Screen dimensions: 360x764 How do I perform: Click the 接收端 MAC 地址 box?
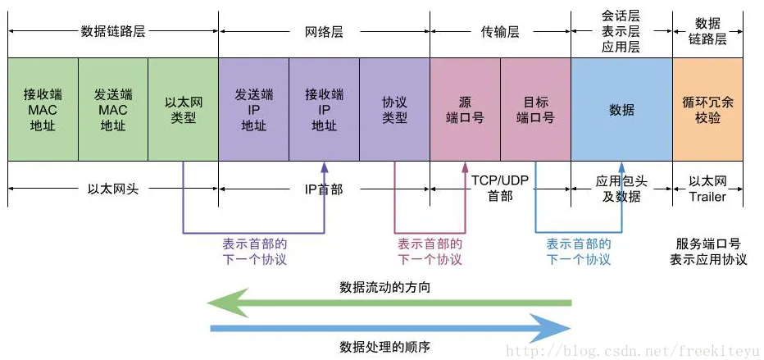pyautogui.click(x=43, y=109)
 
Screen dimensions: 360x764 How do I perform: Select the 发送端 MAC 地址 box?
pyautogui.click(x=113, y=109)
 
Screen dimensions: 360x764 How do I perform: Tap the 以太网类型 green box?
pyautogui.click(x=183, y=109)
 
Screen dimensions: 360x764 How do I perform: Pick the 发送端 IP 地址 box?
pyautogui.click(x=253, y=109)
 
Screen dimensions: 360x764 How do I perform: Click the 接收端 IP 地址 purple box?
pyautogui.click(x=324, y=109)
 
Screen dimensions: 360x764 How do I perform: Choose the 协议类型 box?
pyautogui.click(x=394, y=109)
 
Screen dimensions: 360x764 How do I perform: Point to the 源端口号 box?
pyautogui.click(x=465, y=109)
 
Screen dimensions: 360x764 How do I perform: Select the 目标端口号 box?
pyautogui.click(x=535, y=109)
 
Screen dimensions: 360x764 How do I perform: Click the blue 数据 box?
pyautogui.click(x=621, y=109)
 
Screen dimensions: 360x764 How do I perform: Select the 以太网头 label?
pyautogui.click(x=113, y=189)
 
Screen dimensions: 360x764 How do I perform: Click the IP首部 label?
pyautogui.click(x=324, y=189)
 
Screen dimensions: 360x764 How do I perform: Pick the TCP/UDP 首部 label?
pyautogui.click(x=500, y=187)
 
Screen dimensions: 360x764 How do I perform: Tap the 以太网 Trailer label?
pyautogui.click(x=707, y=189)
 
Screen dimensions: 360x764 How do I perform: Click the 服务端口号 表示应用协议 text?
pyautogui.click(x=708, y=252)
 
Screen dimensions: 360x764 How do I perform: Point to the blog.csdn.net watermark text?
pyautogui.click(x=632, y=351)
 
